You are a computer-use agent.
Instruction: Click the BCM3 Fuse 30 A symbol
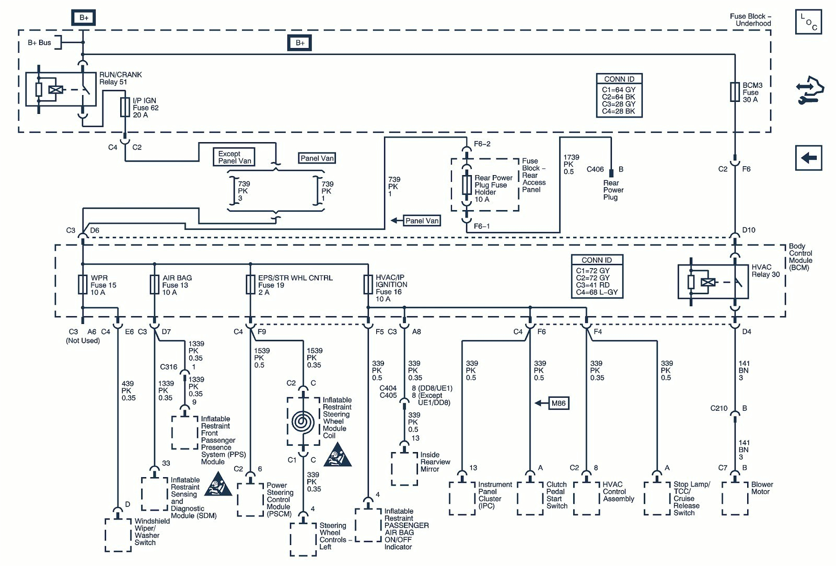pyautogui.click(x=735, y=92)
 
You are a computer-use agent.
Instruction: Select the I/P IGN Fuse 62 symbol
pyautogui.click(x=125, y=107)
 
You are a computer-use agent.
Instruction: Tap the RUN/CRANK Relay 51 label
pyautogui.click(x=120, y=78)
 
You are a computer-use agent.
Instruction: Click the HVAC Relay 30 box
pyautogui.click(x=713, y=282)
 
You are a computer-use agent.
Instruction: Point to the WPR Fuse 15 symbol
pyautogui.click(x=83, y=285)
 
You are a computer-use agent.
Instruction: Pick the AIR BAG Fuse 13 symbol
pyautogui.click(x=154, y=285)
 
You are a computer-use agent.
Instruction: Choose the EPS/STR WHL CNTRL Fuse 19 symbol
pyautogui.click(x=250, y=285)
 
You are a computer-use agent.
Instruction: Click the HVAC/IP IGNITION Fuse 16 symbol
pyautogui.click(x=368, y=285)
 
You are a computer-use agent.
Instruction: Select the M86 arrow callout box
pyautogui.click(x=558, y=403)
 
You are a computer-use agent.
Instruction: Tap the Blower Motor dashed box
pyautogui.click(x=735, y=498)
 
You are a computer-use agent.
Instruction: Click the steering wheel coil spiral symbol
pyautogui.click(x=303, y=421)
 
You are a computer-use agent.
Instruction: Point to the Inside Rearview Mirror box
pyautogui.click(x=404, y=469)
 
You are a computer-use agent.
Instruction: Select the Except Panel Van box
pyautogui.click(x=234, y=157)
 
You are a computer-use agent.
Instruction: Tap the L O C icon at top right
pyautogui.click(x=808, y=22)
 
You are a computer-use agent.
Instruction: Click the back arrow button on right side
pyautogui.click(x=808, y=157)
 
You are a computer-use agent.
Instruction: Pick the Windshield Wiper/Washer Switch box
pyautogui.click(x=118, y=535)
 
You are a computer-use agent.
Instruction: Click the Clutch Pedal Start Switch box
pyautogui.click(x=530, y=498)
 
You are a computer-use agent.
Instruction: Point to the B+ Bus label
pyautogui.click(x=39, y=43)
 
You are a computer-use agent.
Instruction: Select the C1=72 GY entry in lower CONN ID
pyautogui.click(x=593, y=271)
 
